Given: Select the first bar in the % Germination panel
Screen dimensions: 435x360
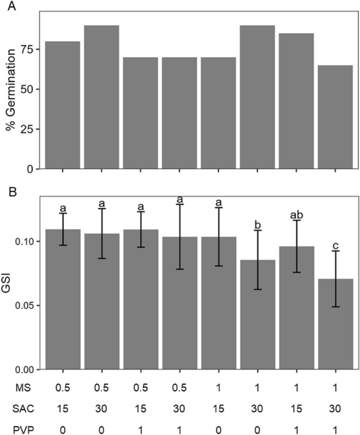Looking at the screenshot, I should (x=63, y=105).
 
